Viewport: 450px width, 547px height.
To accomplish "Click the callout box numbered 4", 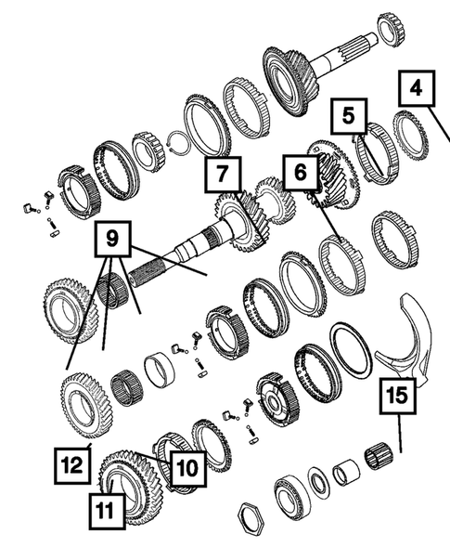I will pyautogui.click(x=417, y=91).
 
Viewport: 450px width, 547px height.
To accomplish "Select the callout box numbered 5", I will pyautogui.click(x=348, y=119).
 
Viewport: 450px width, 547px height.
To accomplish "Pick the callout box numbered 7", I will pyautogui.click(x=224, y=174).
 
